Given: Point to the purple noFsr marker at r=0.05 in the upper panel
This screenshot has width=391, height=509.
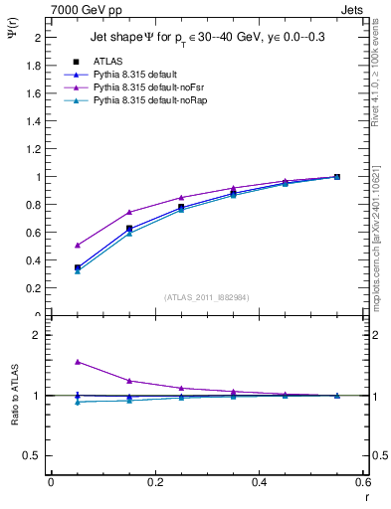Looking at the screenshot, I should [78, 245].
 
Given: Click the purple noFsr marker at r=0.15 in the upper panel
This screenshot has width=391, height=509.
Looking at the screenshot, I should [129, 212].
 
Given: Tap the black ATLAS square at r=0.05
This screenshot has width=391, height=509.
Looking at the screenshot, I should [78, 267].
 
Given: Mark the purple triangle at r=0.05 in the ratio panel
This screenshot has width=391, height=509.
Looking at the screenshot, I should [78, 362].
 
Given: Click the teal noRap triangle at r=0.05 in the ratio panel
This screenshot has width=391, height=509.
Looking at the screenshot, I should [78, 402].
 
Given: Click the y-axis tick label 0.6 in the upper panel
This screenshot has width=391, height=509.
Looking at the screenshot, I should [35, 233].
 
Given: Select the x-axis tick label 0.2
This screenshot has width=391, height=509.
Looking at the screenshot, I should [154, 481].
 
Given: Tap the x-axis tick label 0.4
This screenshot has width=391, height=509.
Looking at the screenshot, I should [259, 481].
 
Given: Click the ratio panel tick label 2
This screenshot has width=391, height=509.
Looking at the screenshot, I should [39, 335].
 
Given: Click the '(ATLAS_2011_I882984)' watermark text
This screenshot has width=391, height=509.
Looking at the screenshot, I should [207, 296].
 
